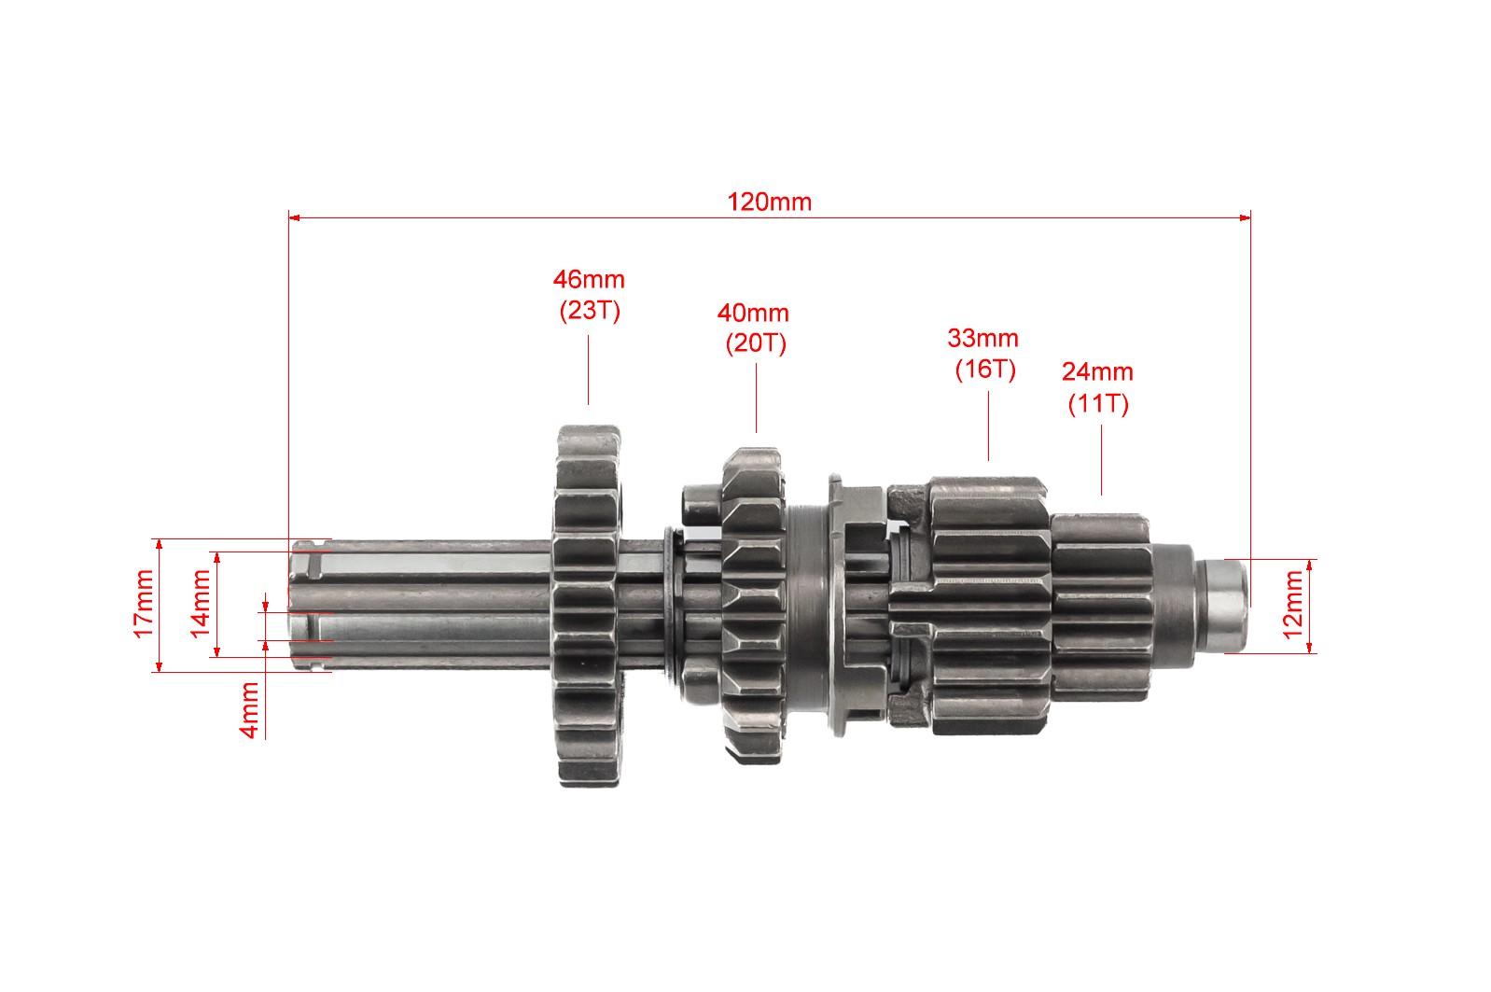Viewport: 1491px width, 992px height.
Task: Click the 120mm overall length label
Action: click(769, 203)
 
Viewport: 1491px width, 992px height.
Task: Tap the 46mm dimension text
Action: click(589, 280)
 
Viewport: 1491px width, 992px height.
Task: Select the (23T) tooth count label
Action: click(590, 311)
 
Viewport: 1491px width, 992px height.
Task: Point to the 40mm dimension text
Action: click(753, 313)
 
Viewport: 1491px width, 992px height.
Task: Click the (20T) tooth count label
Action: click(756, 343)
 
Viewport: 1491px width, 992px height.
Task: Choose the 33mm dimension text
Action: click(983, 338)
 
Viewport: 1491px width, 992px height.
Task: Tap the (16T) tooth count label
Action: click(985, 370)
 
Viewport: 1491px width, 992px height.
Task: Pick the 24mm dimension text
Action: click(1097, 372)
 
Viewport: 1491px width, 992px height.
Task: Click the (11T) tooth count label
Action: click(1098, 404)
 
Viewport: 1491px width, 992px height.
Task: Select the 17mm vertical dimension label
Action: click(144, 605)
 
